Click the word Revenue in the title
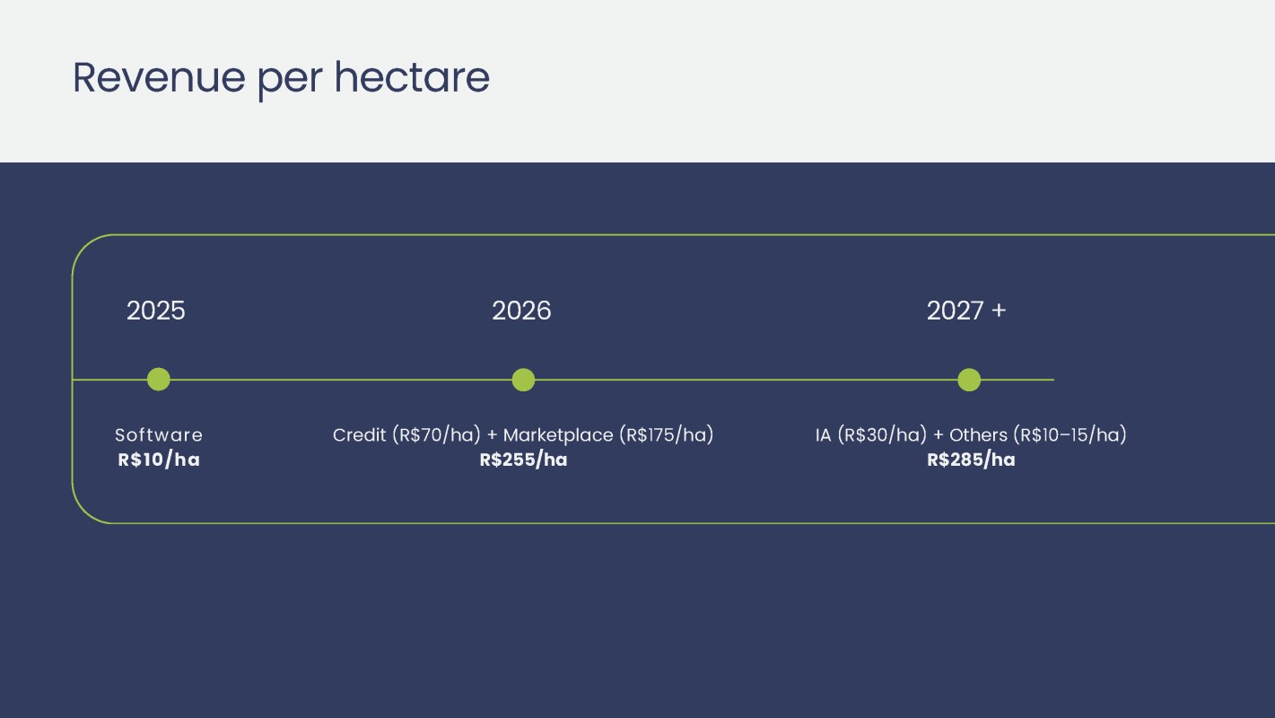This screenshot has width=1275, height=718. pos(160,77)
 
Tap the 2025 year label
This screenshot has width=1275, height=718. pos(156,311)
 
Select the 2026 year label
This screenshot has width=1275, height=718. pos(521,311)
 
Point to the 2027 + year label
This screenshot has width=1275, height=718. pos(966,311)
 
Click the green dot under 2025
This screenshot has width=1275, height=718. pos(158,380)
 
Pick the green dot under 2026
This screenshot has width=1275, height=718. pos(523,380)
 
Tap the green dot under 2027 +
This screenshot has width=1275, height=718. pos(969,380)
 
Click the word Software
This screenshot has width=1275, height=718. pos(159,435)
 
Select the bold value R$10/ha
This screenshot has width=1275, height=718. pos(159,460)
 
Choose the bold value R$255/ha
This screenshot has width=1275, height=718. pos(523,460)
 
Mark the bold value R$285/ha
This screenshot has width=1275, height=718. pos(971,460)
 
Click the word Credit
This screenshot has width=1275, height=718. pos(359,435)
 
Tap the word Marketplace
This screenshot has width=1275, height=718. pos(558,435)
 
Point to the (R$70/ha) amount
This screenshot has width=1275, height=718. pos(437,435)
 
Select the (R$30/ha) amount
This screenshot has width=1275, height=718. pos(883,435)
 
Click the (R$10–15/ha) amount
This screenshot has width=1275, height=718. pos(1070,435)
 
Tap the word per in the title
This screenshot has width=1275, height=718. pos(291,81)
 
